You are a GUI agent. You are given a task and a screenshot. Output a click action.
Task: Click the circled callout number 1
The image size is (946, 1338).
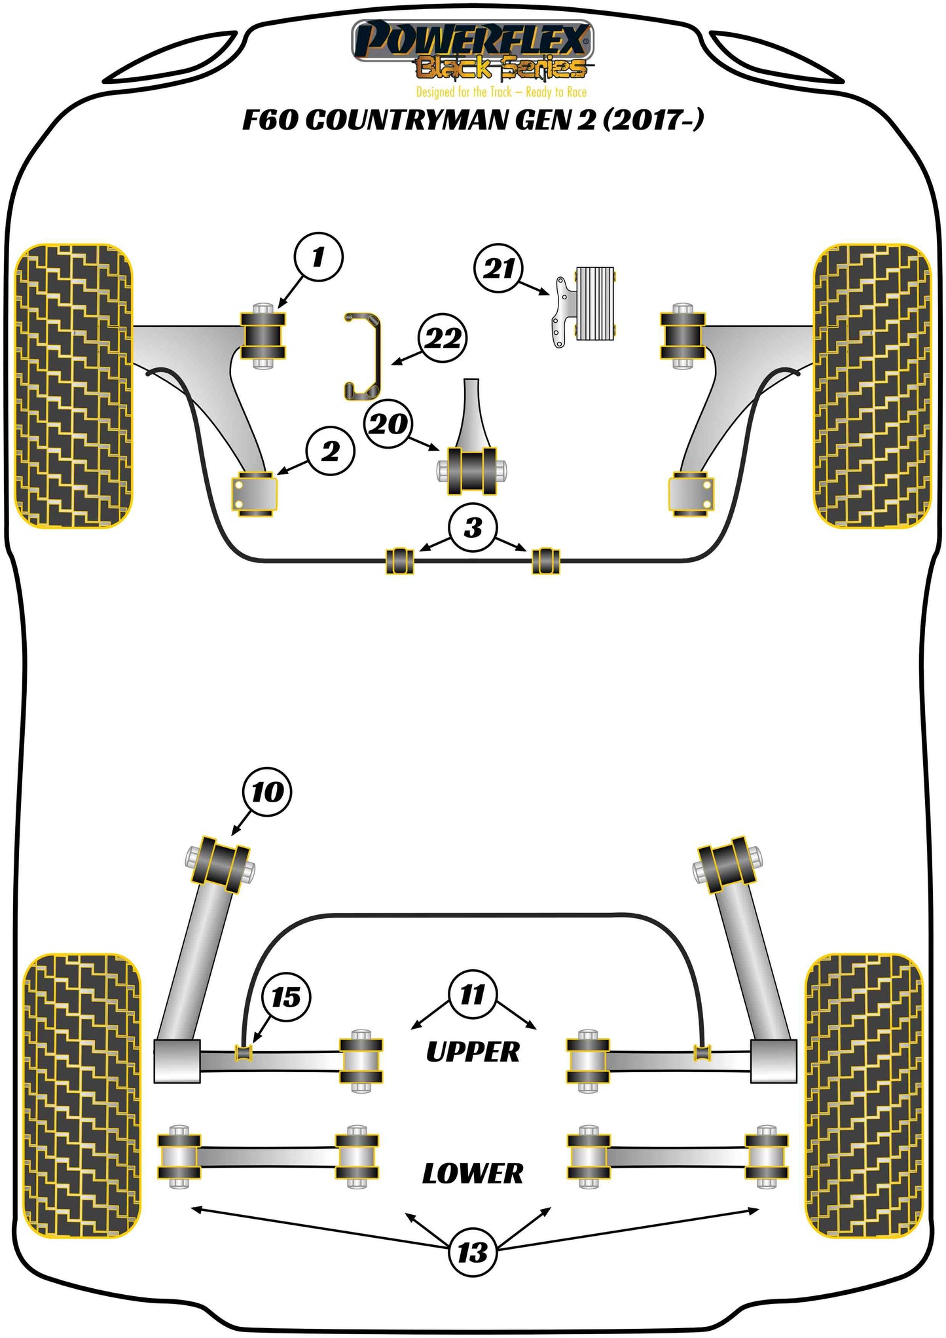point(318,257)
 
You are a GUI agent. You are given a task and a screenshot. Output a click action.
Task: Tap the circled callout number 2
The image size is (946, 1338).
point(330,451)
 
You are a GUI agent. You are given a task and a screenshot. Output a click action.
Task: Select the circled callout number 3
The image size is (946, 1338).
point(473,527)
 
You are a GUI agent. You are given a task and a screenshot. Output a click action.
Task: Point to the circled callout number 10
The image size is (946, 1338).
point(267,792)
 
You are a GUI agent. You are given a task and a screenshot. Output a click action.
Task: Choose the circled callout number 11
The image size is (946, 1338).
point(473,995)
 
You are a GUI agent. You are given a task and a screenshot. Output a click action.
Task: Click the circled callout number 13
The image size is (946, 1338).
point(473,1253)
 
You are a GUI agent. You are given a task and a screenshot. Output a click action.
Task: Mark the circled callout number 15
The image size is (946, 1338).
point(286,997)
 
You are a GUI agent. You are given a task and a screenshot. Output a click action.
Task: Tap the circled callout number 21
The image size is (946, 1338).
point(499,268)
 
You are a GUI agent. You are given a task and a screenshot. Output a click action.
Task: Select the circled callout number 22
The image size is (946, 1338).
point(443,338)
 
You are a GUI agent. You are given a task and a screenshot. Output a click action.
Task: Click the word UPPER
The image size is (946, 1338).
point(473,1052)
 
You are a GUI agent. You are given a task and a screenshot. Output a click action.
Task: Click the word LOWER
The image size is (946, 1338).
point(473,1174)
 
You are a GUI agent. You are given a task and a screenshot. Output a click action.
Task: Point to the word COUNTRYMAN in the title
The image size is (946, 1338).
point(437,121)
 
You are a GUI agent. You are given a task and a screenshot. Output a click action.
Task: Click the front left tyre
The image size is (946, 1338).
point(73,386)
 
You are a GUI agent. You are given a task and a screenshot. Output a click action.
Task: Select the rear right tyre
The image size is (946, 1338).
point(863,1096)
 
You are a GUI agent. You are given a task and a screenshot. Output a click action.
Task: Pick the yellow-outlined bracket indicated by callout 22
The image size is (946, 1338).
point(364,357)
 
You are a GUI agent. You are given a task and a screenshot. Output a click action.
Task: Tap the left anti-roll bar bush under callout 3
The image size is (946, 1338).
point(399,561)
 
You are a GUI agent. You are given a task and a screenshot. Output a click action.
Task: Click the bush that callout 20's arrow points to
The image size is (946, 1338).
point(471,471)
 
